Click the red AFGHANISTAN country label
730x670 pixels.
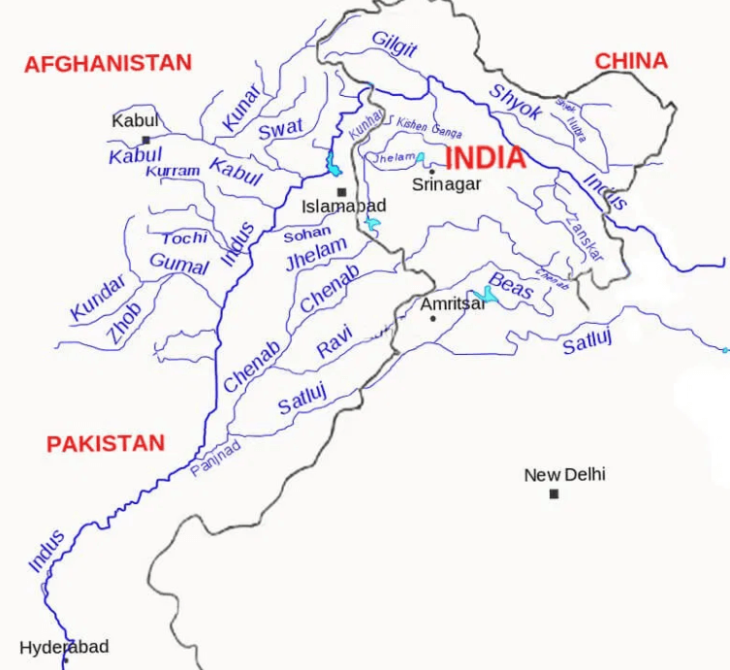pos(108,64)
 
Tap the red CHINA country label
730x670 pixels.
pos(631,61)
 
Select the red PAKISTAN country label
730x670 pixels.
pos(106,444)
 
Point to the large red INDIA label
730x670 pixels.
pos(485,158)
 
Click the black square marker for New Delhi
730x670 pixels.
pos(554,494)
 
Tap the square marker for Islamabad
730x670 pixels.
pos(341,191)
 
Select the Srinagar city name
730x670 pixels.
pos(446,184)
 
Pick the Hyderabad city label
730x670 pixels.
pos(64,647)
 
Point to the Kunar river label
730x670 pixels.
pos(241,108)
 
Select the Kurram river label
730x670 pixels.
pos(173,171)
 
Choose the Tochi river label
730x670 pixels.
pos(184,238)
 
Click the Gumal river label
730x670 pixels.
pos(178,264)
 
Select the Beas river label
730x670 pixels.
pos(510,285)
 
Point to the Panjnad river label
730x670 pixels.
pos(215,459)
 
